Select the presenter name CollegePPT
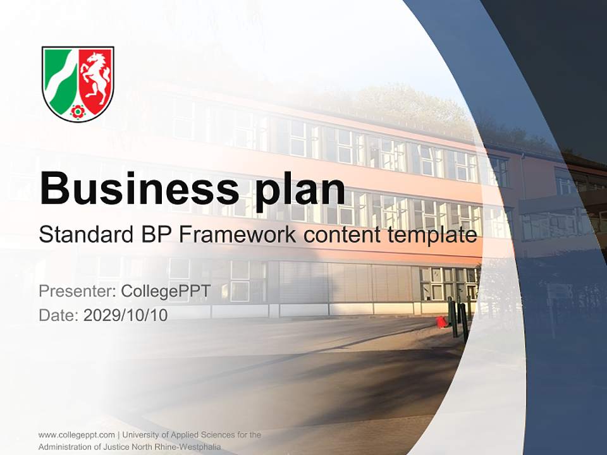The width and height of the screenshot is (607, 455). coord(165,291)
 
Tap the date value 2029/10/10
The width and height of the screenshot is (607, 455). coord(125,315)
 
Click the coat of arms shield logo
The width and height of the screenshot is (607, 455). coord(78,83)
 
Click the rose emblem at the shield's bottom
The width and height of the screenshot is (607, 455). coord(78,112)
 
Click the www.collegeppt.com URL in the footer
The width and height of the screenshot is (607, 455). coord(77,435)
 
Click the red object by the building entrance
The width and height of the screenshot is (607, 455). coord(441,322)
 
